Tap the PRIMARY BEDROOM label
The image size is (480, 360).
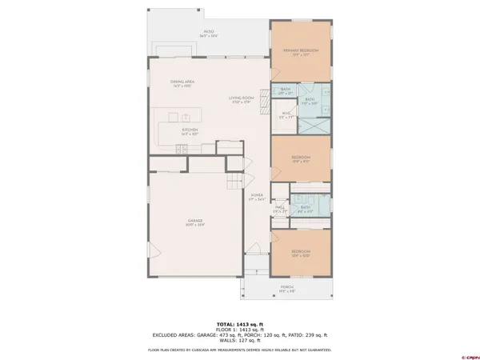pyautogui.click(x=300, y=53)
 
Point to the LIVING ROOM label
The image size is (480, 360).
pyautogui.click(x=242, y=98)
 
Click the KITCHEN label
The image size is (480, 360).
pyautogui.click(x=189, y=131)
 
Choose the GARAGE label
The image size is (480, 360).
pyautogui.click(x=195, y=222)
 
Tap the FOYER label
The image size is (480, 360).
pyautogui.click(x=257, y=196)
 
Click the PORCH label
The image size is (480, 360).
pyautogui.click(x=286, y=288)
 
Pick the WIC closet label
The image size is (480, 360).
pyautogui.click(x=286, y=114)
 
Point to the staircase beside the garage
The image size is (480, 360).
pyautogui.click(x=234, y=183)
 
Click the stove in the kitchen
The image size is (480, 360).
pyautogui.click(x=180, y=149)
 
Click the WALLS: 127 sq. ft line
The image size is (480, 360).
pyautogui.click(x=239, y=340)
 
